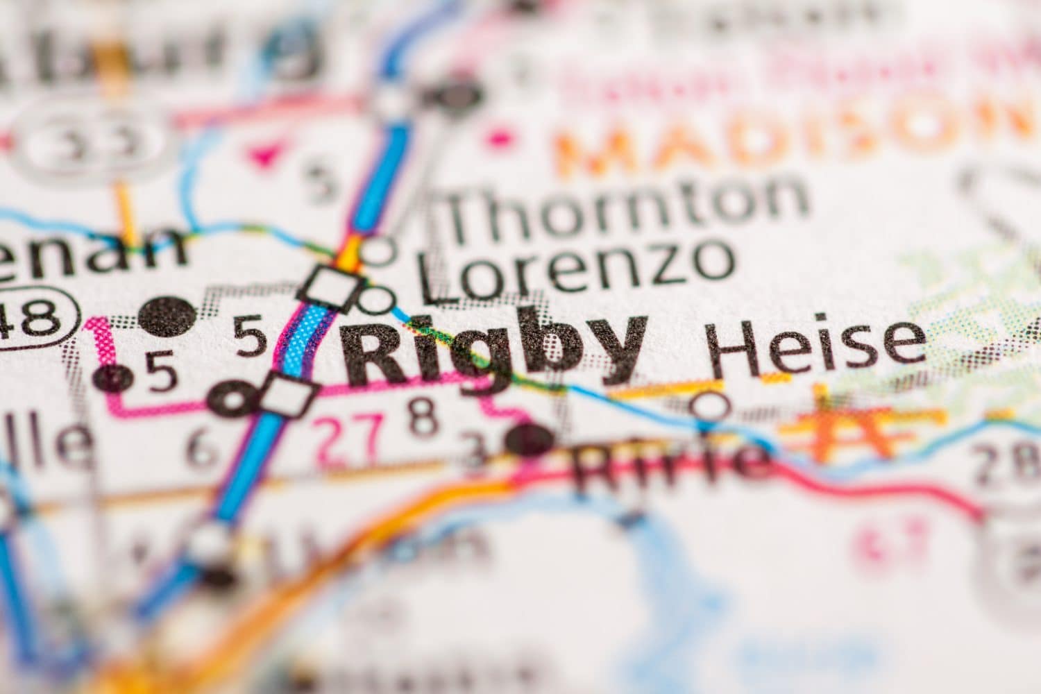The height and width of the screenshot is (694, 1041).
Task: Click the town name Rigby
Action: [x=496, y=350]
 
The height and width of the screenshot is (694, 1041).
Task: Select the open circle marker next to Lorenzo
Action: [x=375, y=300]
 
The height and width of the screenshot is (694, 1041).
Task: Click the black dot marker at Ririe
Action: [x=530, y=439]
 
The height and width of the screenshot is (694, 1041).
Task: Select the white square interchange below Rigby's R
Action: [x=289, y=396]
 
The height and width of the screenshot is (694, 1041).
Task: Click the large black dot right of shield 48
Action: [x=167, y=317]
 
